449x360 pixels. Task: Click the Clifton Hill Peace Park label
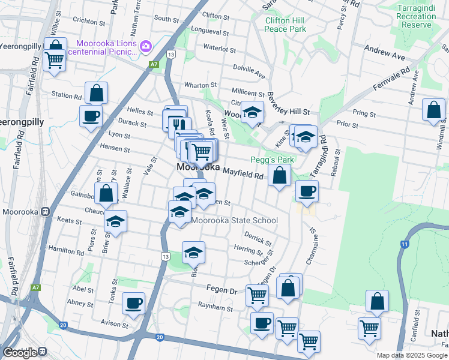[285, 24]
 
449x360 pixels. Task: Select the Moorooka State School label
[235, 220]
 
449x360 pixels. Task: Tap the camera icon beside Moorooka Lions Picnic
[145, 46]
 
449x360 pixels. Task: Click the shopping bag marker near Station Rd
[96, 94]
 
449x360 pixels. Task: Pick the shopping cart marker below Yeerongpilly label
[54, 59]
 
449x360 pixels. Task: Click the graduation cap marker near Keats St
[115, 222]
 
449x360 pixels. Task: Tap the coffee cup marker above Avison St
[133, 303]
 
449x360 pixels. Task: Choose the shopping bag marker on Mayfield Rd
[279, 176]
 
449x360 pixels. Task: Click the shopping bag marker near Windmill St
[433, 111]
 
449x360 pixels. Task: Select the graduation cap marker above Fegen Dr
[193, 253]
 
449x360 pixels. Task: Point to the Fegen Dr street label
[221, 290]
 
